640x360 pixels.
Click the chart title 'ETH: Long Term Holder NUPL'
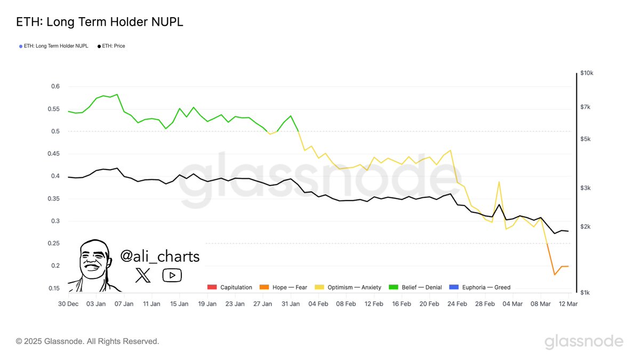[100, 22]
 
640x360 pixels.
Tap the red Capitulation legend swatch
[212, 287]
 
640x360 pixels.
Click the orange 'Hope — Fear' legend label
[290, 287]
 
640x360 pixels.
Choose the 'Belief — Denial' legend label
[421, 287]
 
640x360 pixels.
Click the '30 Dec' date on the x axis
[68, 303]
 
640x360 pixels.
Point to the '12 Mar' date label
[567, 303]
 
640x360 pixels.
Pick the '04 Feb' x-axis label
[318, 303]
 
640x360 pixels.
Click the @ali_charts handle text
[160, 257]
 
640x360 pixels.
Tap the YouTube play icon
[172, 275]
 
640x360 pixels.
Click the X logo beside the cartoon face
[143, 275]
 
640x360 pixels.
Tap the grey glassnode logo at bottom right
[583, 341]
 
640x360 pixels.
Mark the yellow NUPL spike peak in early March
[499, 182]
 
